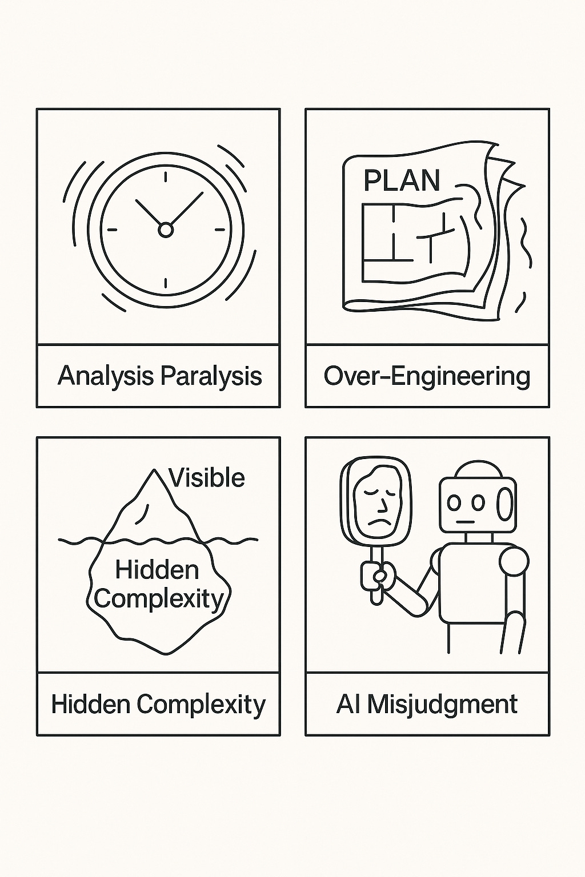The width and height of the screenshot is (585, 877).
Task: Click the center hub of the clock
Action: pyautogui.click(x=165, y=230)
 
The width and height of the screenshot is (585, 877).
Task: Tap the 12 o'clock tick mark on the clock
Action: pyautogui.click(x=165, y=176)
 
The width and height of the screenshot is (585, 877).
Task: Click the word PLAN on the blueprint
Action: pyautogui.click(x=402, y=181)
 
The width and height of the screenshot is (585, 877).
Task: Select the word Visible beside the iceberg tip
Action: pyautogui.click(x=207, y=478)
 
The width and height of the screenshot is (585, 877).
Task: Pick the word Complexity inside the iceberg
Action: pyautogui.click(x=159, y=598)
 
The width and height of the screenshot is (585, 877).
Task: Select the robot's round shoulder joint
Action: pyautogui.click(x=513, y=562)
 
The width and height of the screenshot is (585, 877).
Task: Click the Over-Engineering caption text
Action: pyautogui.click(x=427, y=376)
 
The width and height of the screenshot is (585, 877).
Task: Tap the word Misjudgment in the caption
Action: pyautogui.click(x=442, y=704)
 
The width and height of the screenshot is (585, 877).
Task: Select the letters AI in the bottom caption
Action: pyautogui.click(x=347, y=704)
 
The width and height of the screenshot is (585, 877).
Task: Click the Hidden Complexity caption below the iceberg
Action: pyautogui.click(x=158, y=704)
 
